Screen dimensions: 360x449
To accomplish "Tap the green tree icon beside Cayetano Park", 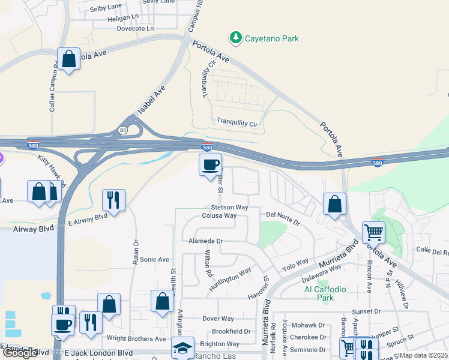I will pyautogui.click(x=236, y=38).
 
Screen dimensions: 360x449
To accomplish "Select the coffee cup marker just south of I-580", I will pyautogui.click(x=210, y=165).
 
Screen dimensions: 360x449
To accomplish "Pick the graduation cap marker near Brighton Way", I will pyautogui.click(x=182, y=348).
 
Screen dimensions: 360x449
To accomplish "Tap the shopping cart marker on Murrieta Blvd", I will pyautogui.click(x=373, y=232).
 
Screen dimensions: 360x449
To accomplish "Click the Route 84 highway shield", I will pyautogui.click(x=123, y=130).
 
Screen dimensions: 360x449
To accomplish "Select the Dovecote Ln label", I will pyautogui.click(x=135, y=28).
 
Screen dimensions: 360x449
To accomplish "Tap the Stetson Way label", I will pyautogui.click(x=234, y=207).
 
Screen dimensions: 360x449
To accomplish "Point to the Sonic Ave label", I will pyautogui.click(x=155, y=259).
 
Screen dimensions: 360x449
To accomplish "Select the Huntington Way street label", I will pyautogui.click(x=229, y=280).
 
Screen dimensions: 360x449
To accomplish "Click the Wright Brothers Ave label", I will pyautogui.click(x=136, y=338).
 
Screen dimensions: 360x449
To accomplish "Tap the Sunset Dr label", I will pyautogui.click(x=366, y=311).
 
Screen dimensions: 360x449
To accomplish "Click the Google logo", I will pyautogui.click(x=20, y=353).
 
